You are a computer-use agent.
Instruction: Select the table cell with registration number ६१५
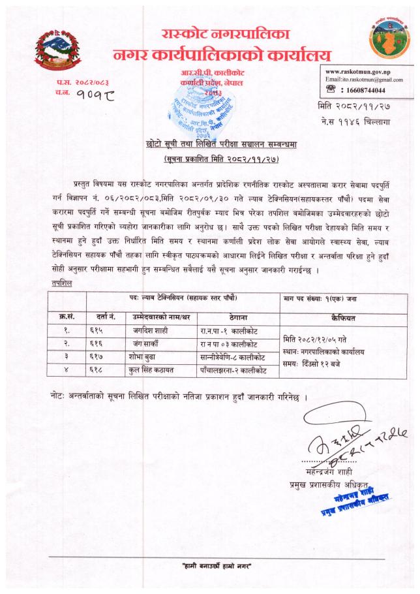point(93,331)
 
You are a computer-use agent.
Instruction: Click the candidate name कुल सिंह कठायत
point(153,370)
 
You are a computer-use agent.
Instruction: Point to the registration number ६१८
point(93,370)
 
